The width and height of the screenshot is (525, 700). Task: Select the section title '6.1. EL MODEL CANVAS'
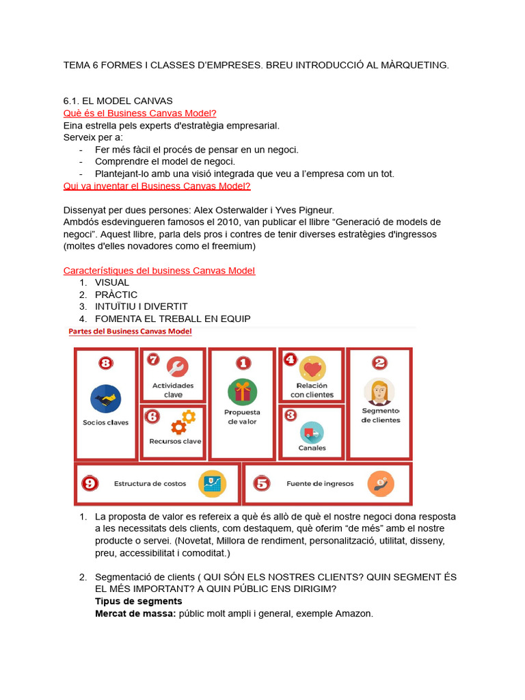[x=118, y=100]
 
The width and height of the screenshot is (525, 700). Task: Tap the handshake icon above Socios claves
[x=105, y=399]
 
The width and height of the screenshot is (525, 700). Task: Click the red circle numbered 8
[x=105, y=363]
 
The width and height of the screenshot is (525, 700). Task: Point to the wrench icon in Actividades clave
[x=176, y=367]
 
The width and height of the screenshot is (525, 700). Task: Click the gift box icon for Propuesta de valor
[x=243, y=392]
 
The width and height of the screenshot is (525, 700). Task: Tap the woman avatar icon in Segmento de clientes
[x=379, y=392]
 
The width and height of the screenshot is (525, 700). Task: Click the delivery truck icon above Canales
[x=312, y=432]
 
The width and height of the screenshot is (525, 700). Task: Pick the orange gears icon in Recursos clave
[x=183, y=422]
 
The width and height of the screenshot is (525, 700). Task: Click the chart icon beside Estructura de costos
[x=212, y=484]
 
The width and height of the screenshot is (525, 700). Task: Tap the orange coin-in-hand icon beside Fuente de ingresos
[x=381, y=484]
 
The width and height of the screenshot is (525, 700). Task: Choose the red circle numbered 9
[x=90, y=483]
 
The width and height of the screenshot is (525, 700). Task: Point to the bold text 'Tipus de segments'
[x=139, y=601]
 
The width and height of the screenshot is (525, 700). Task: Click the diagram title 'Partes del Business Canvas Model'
[x=130, y=332]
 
